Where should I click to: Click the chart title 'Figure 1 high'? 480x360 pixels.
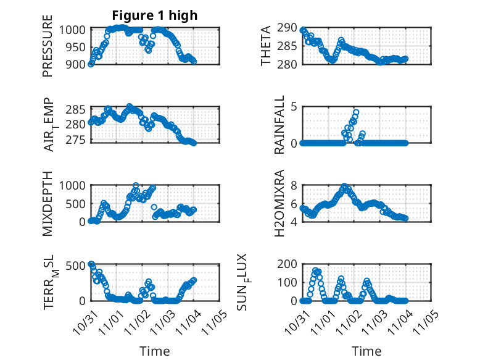tap(154, 15)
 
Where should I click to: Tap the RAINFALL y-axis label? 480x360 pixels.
tap(279, 124)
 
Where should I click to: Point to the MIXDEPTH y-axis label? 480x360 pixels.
tap(48, 203)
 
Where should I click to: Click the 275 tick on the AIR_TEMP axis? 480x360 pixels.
tap(78, 139)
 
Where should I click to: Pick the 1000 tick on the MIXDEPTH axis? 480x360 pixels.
tap(75, 185)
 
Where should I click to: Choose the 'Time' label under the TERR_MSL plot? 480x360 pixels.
tap(154, 351)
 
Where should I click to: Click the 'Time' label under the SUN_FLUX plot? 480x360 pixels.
tap(366, 351)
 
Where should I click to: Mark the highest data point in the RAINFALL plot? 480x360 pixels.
tap(356, 113)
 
